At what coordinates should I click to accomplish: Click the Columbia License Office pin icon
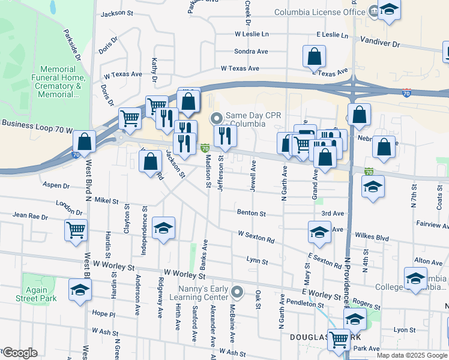(374, 10)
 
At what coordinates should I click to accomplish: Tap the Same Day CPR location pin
(217, 118)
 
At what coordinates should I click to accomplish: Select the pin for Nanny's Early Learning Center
(238, 292)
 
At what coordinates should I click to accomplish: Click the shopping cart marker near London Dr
(76, 229)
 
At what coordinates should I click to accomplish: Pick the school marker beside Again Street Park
(79, 289)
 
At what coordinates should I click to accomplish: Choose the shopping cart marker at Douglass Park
(339, 339)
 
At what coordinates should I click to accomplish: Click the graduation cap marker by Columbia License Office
(389, 10)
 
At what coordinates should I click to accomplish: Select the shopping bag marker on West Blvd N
(85, 142)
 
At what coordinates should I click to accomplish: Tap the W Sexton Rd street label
(256, 236)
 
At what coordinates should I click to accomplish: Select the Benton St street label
(251, 213)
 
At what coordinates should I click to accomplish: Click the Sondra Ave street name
(251, 52)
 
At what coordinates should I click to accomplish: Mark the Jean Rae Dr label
(30, 215)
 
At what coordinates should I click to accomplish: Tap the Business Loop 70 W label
(36, 124)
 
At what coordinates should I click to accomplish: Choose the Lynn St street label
(256, 260)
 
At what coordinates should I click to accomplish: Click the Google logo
(19, 353)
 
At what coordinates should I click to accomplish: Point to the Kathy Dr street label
(154, 70)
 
